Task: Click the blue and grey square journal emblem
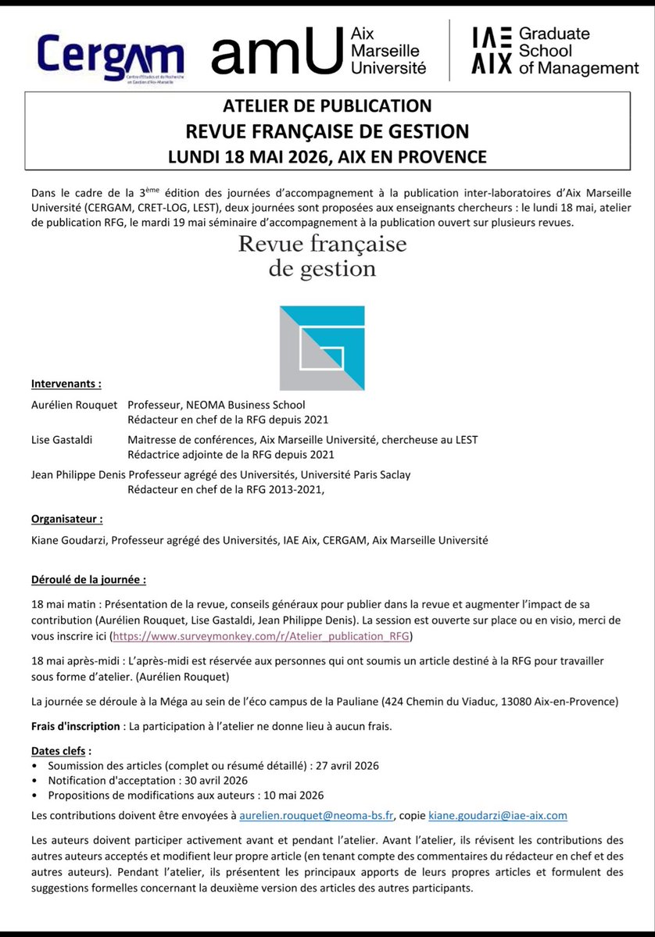click(x=322, y=348)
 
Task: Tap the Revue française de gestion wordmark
click(x=323, y=256)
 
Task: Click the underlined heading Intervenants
click(x=66, y=384)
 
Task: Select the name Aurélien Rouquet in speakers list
click(x=74, y=405)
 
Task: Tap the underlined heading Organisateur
click(x=66, y=518)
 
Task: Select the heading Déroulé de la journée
click(x=88, y=581)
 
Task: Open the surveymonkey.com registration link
click(x=261, y=636)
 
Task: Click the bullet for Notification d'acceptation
click(x=36, y=781)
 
